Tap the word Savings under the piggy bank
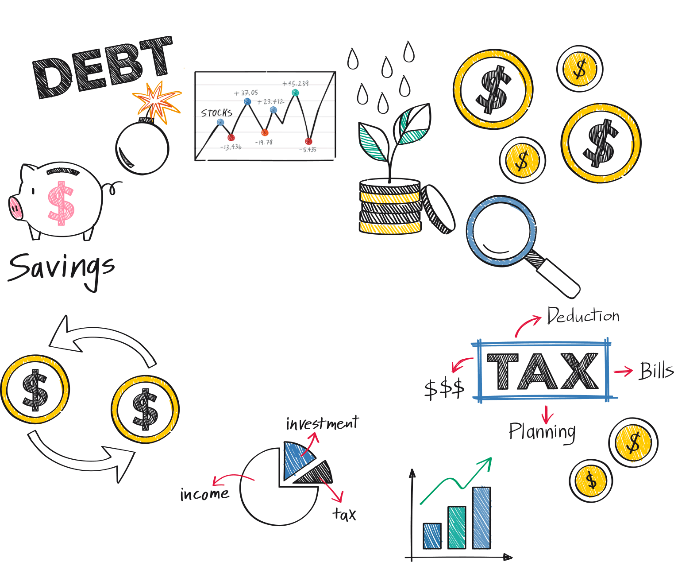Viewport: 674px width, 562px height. click(61, 268)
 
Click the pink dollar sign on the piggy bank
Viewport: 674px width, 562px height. click(61, 203)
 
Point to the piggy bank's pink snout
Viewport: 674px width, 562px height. click(15, 207)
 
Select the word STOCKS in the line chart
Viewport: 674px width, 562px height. click(216, 112)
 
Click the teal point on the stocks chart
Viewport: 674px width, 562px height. click(295, 93)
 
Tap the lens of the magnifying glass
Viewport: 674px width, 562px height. click(501, 231)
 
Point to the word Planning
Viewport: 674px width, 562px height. click(542, 431)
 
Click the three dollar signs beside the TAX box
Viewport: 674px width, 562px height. click(444, 388)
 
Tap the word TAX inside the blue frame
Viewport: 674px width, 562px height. click(543, 371)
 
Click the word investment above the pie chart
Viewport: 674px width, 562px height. click(322, 423)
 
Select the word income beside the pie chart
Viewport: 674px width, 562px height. click(204, 494)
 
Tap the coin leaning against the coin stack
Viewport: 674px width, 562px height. click(438, 209)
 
